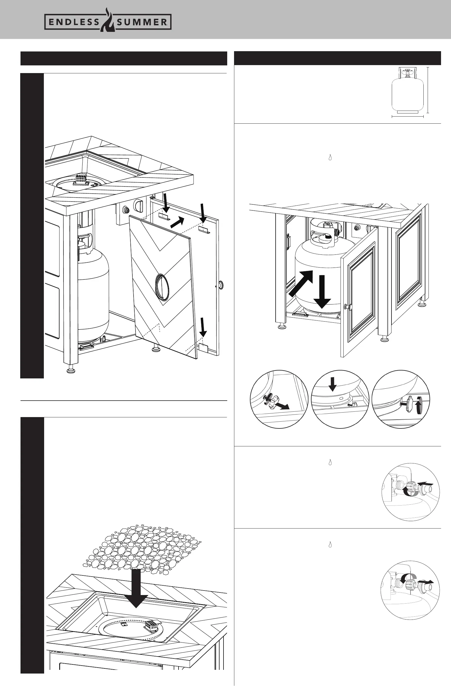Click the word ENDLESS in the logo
pos(73,22)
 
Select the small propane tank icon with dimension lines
pos(407,91)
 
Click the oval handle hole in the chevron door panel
pos(163,287)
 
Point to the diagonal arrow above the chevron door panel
pos(177,223)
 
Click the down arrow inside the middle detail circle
pos(332,384)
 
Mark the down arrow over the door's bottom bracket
pos(203,328)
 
